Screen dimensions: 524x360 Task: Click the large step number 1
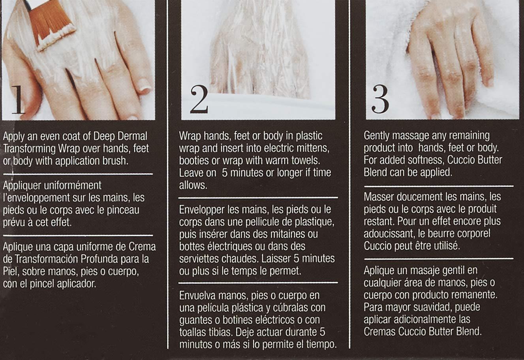18,100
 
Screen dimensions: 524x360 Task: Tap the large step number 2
199,99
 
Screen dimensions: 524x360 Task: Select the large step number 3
380,99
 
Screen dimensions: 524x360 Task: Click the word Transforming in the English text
29,149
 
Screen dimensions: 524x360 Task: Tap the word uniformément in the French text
73,185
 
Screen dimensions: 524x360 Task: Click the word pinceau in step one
123,210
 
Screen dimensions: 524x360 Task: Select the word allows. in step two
193,185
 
